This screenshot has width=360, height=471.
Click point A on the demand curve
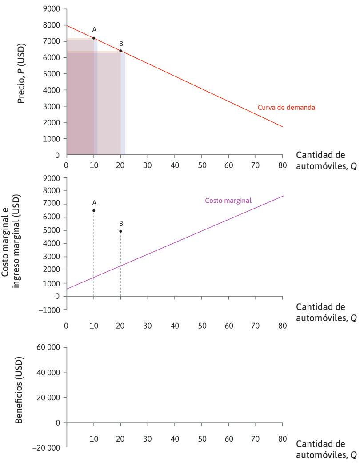[x=94, y=38]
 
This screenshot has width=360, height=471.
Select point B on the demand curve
[x=120, y=51]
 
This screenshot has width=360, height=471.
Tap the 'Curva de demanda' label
[x=286, y=107]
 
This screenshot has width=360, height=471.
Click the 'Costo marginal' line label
[x=228, y=201]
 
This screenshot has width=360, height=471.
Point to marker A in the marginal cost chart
[x=94, y=210]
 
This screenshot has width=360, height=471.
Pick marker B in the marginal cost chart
[x=120, y=231]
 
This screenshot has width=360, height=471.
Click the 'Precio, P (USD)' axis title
[x=21, y=73]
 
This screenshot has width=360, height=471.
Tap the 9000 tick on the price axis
[x=52, y=9]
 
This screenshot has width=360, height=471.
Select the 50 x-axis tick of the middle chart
[x=202, y=326]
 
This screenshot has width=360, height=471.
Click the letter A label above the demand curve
[x=94, y=29]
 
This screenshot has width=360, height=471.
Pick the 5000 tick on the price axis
[x=52, y=74]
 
